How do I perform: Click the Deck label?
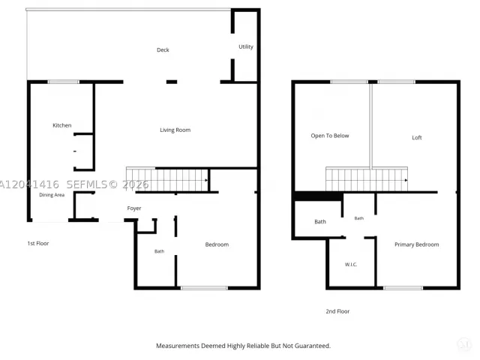(163, 50)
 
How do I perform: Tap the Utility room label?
(246, 46)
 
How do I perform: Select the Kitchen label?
(61, 125)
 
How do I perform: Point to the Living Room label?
(175, 130)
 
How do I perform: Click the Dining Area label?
(52, 195)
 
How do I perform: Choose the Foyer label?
(134, 208)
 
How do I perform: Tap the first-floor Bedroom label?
(217, 244)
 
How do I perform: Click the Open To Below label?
(330, 136)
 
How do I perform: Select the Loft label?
(417, 138)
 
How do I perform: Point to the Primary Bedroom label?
(417, 244)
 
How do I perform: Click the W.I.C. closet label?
(351, 265)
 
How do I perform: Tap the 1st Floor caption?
(38, 243)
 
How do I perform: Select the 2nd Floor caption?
(337, 311)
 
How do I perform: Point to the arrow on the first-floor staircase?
(206, 180)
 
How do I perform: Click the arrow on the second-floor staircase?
(406, 180)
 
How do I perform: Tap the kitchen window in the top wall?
(63, 82)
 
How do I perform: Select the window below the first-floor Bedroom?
(204, 288)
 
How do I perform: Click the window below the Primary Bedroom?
(403, 288)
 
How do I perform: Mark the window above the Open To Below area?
(349, 82)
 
